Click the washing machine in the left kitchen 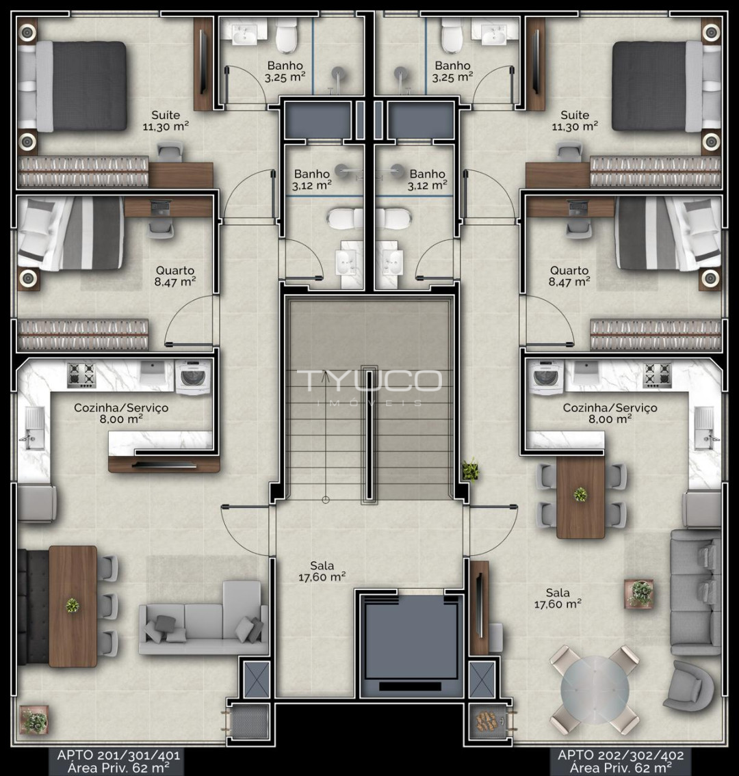coord(193,377)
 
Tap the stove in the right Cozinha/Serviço coord(657,375)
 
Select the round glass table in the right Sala coord(595,689)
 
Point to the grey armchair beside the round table coord(689,686)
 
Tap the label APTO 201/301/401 coord(118,755)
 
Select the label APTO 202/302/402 coord(621,755)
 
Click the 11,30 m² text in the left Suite coord(166,126)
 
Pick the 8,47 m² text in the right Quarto coord(569,282)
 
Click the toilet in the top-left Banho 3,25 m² coord(287,36)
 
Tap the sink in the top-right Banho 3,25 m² coord(494,32)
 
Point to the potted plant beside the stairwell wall coord(471,470)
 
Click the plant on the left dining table coord(73,605)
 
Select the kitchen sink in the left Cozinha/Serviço coord(33,428)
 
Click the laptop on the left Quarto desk coord(161,207)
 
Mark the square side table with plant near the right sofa coord(639,593)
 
